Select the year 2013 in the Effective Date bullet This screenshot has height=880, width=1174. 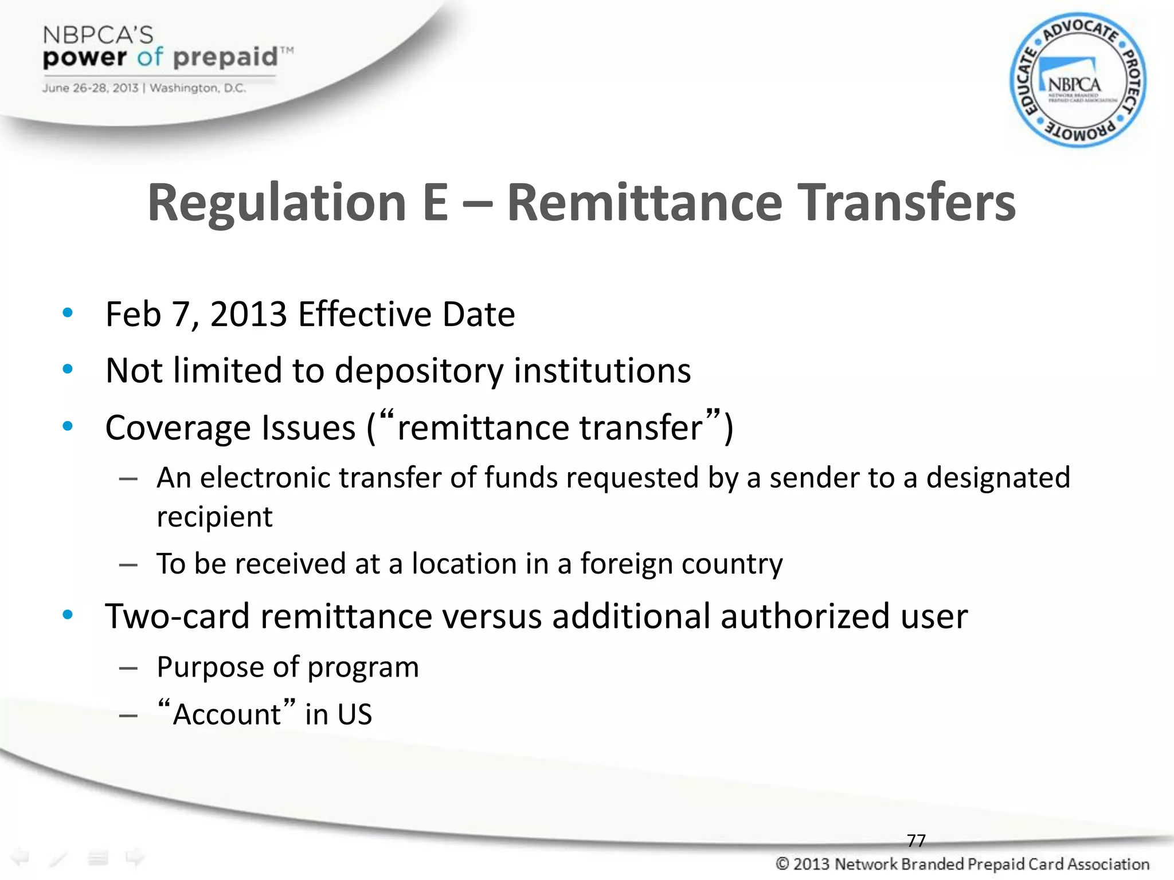pyautogui.click(x=248, y=315)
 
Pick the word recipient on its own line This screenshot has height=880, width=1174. pyautogui.click(x=214, y=517)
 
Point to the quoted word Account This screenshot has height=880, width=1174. pyautogui.click(x=227, y=714)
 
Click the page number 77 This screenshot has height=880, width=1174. pyautogui.click(x=916, y=840)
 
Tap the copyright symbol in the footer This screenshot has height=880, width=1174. pyautogui.click(x=782, y=864)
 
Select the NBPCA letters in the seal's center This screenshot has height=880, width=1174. pyautogui.click(x=1074, y=85)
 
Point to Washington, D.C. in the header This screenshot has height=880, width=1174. pyautogui.click(x=198, y=88)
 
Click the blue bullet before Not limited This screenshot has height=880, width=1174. pyautogui.click(x=68, y=370)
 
